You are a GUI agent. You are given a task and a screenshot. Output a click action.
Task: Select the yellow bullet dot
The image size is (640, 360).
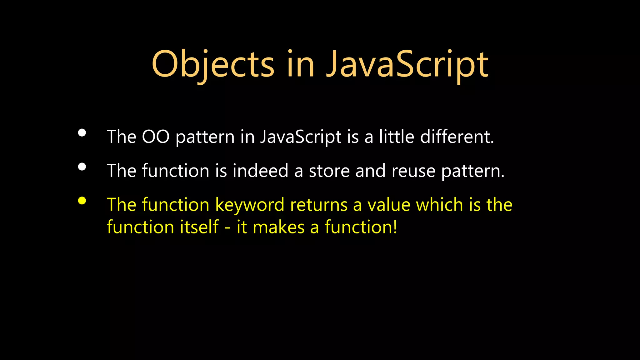82,201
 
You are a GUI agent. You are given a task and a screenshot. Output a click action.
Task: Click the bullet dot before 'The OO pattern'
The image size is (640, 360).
82,133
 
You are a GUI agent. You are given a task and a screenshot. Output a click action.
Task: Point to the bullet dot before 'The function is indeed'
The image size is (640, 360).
82,167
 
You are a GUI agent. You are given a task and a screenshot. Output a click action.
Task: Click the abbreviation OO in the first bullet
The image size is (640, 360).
156,137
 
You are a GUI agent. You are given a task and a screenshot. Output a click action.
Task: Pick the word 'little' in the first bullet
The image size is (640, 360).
397,137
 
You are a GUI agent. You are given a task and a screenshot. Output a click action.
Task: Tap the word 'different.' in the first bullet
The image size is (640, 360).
457,137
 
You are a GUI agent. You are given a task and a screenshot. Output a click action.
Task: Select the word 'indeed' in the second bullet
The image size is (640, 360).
260,171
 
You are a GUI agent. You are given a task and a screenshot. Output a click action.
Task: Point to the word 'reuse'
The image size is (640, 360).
413,171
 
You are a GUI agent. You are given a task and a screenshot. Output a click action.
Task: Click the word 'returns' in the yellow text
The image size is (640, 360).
319,205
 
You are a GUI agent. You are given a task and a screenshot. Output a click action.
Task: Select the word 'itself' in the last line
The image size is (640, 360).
199,227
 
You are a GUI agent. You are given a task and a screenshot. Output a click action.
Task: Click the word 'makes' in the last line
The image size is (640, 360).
278,227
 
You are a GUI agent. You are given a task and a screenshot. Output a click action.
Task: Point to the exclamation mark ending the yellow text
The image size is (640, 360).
395,227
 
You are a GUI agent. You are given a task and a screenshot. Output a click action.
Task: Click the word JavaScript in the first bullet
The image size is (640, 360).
301,137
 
